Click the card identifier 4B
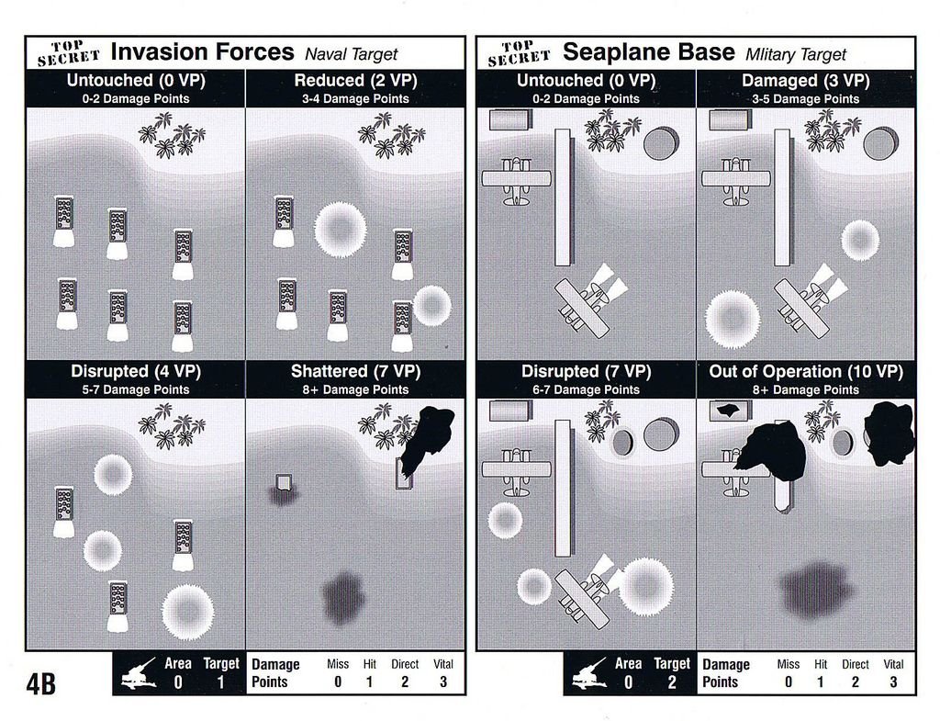click(40, 683)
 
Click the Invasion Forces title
click(203, 52)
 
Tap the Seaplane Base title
click(649, 52)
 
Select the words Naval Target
click(352, 54)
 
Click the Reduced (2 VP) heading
click(355, 81)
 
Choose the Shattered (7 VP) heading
click(355, 371)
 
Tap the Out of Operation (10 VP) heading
click(806, 371)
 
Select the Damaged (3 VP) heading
click(806, 81)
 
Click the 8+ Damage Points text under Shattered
click(355, 390)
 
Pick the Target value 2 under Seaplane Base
click(671, 682)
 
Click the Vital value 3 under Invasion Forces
click(443, 682)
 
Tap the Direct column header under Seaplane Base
click(855, 665)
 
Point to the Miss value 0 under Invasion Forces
click(338, 682)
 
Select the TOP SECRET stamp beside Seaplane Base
click(518, 52)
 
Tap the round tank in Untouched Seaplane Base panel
click(661, 143)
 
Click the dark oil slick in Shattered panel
click(343, 598)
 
